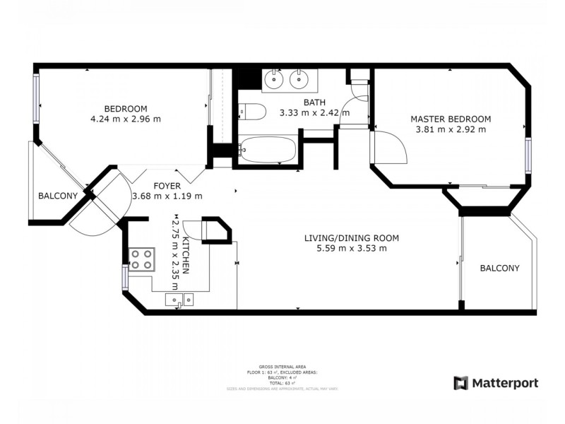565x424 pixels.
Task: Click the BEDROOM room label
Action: coord(126,108)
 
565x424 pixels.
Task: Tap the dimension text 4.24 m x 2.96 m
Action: coord(126,119)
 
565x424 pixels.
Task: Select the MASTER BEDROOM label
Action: coord(451,119)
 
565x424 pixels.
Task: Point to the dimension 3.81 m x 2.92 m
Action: coord(451,129)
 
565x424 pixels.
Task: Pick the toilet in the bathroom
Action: coord(251,111)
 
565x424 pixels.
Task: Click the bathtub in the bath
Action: coord(266,150)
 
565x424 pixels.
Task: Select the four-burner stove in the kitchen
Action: coord(142,259)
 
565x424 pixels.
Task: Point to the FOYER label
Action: coord(167,186)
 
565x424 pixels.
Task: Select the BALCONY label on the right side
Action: coord(499,269)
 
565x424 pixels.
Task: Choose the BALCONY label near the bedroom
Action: coord(57,196)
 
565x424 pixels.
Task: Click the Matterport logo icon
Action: coord(461,383)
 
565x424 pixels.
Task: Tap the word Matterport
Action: coord(506,383)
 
